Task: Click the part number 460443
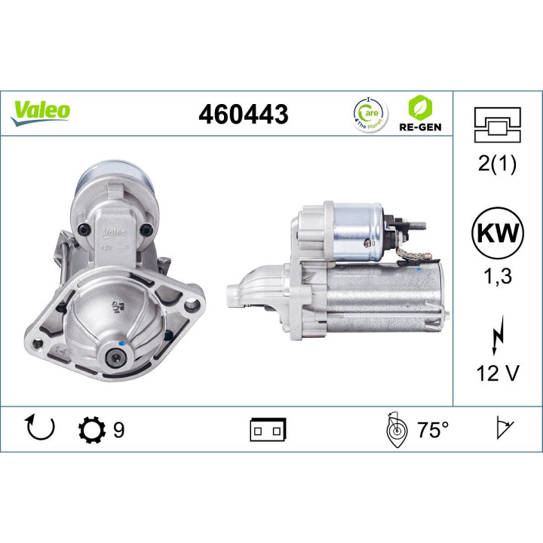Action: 243,115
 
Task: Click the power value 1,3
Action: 496,277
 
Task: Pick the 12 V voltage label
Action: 496,374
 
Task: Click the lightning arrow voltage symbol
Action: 496,333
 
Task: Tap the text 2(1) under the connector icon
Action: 496,165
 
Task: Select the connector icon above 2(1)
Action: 496,124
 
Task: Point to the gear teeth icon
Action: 90,431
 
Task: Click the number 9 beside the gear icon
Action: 118,431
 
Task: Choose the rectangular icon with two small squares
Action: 268,431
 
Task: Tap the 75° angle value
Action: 433,431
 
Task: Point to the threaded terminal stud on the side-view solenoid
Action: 416,224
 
